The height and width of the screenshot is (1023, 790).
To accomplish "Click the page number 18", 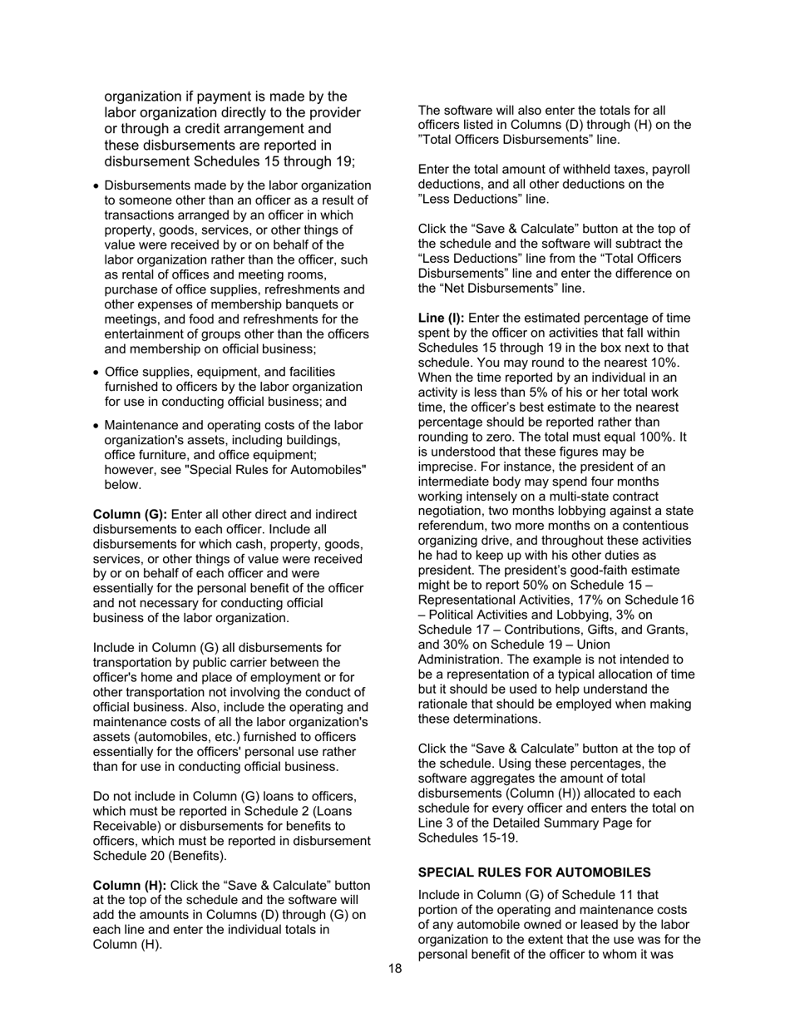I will pyautogui.click(x=395, y=969).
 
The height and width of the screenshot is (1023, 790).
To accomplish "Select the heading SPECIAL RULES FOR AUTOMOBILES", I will pyautogui.click(x=534, y=872).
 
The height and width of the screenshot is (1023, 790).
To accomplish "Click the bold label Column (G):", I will pyautogui.click(x=130, y=515).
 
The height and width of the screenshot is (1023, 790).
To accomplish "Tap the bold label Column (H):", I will pyautogui.click(x=130, y=886).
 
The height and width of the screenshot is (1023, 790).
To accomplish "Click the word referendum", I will pyautogui.click(x=454, y=526).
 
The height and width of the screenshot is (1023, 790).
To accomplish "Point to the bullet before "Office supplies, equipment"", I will pyautogui.click(x=96, y=373).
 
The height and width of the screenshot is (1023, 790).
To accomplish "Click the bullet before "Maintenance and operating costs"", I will pyautogui.click(x=96, y=426).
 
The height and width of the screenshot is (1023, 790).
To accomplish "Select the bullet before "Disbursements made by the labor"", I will pyautogui.click(x=96, y=185).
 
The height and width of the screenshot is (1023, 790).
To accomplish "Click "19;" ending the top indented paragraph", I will pyautogui.click(x=343, y=161).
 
